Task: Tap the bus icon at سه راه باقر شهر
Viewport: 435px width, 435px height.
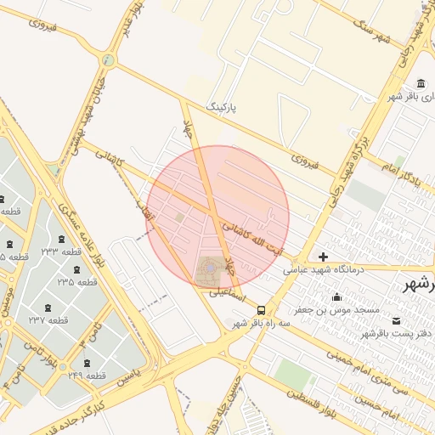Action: (x=261, y=311)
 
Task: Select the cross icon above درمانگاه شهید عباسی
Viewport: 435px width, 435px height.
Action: (x=323, y=257)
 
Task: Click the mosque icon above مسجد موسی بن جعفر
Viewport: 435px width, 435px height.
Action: (x=337, y=297)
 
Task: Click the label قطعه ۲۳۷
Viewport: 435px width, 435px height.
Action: (x=48, y=320)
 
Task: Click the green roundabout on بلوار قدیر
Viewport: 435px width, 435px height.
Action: (x=108, y=60)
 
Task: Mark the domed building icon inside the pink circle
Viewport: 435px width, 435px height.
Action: (x=209, y=270)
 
